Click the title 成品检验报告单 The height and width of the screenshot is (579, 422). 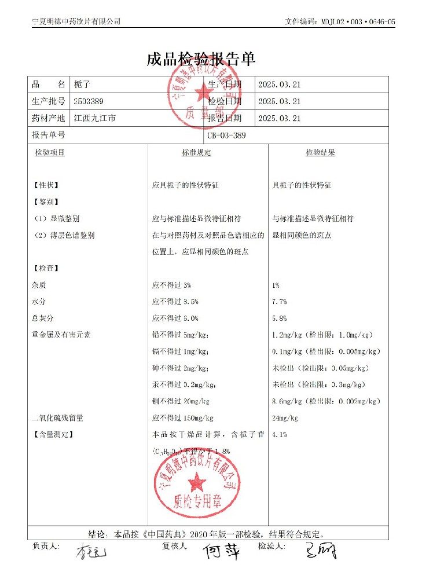201,60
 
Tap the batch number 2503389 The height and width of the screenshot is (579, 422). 89,101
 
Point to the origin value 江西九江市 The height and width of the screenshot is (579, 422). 95,118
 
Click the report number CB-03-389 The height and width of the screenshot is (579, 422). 226,135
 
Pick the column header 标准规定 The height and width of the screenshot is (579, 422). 196,153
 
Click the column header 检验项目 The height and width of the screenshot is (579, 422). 50,153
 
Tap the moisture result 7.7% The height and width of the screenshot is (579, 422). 280,302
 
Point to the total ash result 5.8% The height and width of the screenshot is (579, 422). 280,318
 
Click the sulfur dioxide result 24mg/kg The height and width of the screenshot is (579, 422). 285,418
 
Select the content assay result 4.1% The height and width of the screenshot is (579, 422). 280,434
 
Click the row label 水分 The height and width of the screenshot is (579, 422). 39,302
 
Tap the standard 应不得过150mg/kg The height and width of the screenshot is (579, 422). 183,418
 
